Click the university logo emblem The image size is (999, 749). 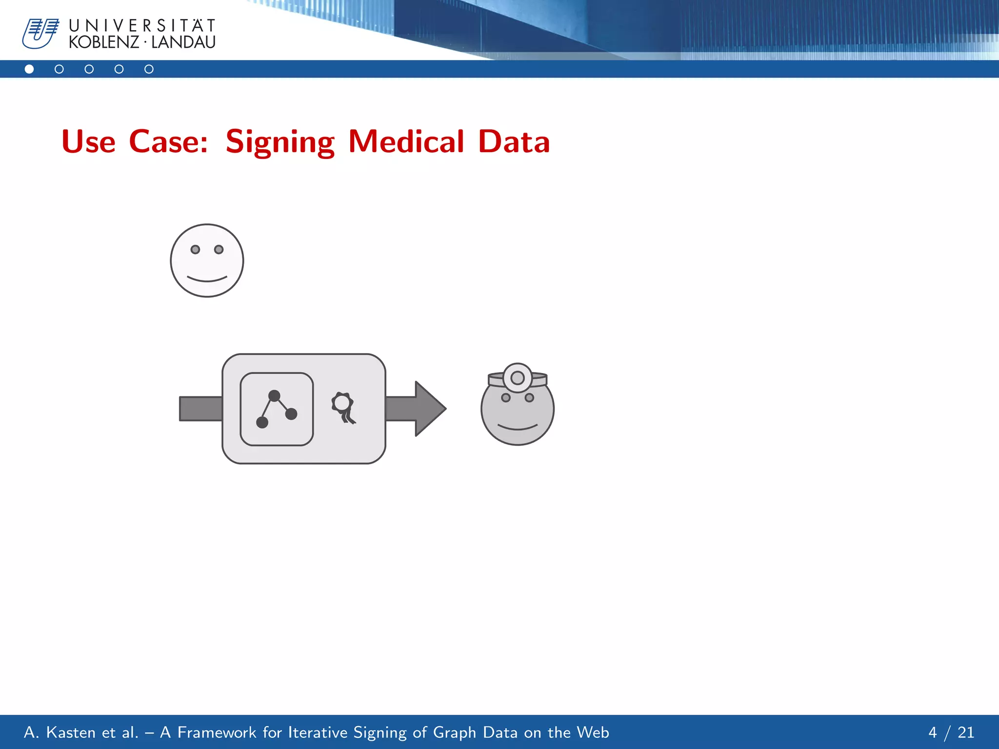click(x=40, y=34)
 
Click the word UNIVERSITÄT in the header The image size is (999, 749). click(x=142, y=25)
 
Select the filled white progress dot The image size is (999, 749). click(x=29, y=69)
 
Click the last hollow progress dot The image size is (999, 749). click(x=149, y=69)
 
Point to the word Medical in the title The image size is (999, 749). click(x=406, y=142)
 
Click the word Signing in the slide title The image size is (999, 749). click(x=280, y=142)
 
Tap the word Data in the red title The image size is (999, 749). click(x=514, y=142)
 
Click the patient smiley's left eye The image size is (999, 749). click(x=195, y=250)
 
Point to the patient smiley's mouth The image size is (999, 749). click(x=207, y=279)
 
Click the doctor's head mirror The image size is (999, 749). click(x=518, y=378)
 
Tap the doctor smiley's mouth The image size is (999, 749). click(x=518, y=428)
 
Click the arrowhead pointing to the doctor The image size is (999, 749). click(x=429, y=409)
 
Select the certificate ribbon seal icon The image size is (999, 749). click(x=343, y=407)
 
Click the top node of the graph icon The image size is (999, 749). click(x=275, y=395)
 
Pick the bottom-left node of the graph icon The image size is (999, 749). click(x=262, y=422)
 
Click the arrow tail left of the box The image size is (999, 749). click(x=200, y=409)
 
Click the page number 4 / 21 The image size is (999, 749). click(x=951, y=732)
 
